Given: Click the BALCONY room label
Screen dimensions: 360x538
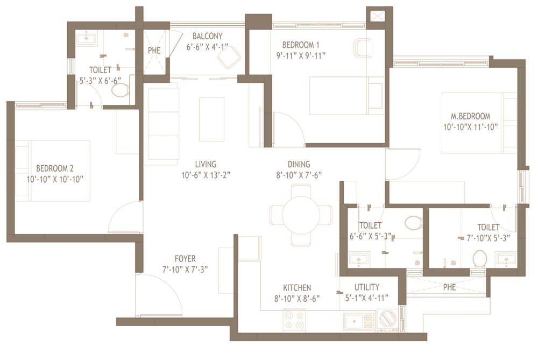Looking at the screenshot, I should coord(208,36).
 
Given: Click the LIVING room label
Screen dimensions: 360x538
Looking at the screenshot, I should coord(206,164).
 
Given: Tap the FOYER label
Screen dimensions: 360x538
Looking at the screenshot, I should coord(185,259).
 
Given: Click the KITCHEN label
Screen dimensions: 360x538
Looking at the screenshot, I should coord(297,288).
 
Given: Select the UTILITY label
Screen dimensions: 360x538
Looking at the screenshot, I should coord(366,287).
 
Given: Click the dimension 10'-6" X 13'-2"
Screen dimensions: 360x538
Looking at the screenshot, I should coord(206,174).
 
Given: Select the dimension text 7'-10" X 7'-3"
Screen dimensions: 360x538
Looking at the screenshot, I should coord(185,269).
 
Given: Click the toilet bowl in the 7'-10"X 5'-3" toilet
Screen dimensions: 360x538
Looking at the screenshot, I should coord(479,259).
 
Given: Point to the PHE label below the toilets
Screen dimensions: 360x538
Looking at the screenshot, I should coord(449,287).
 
